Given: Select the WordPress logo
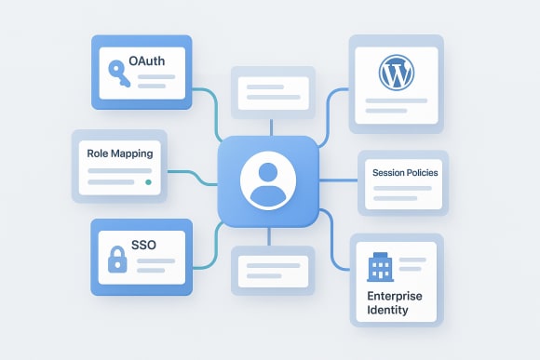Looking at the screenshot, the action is [396, 72].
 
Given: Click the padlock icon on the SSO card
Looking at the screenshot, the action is [117, 260].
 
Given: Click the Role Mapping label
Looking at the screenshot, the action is [119, 153].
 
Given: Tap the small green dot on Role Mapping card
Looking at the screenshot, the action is [148, 182].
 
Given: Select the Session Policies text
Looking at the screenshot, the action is [404, 173].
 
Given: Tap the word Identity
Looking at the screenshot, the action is [387, 310].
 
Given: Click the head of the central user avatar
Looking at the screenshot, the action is [269, 172].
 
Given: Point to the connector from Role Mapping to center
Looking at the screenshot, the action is [191, 172].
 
